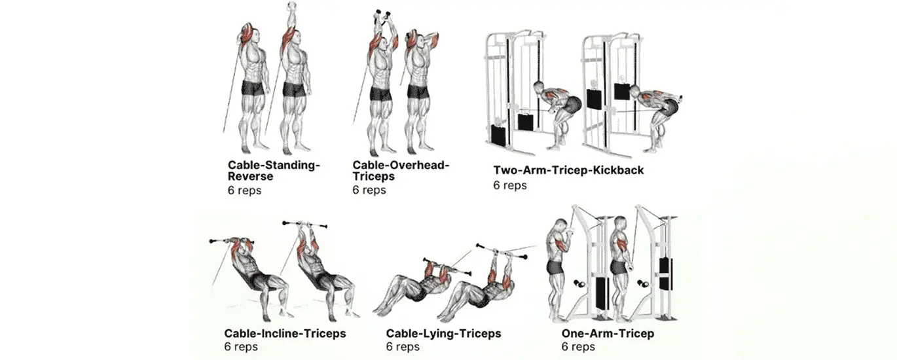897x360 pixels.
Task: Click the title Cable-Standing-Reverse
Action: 274,166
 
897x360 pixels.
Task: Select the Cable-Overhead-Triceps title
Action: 401,166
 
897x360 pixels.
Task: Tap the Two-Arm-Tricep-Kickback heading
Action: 568,171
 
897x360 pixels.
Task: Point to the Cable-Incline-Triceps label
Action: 285,334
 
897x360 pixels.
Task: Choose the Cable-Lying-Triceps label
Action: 443,334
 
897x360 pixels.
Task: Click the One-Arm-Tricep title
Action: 608,334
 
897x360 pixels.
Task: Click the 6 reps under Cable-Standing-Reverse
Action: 244,190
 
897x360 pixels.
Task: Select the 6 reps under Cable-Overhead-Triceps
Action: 369,190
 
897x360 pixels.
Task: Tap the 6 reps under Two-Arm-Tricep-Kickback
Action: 510,185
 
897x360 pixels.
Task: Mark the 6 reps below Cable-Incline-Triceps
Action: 241,347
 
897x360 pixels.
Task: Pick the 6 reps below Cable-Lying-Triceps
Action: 403,347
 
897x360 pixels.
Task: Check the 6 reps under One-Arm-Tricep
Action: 578,347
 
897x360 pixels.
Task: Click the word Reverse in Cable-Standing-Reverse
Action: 250,177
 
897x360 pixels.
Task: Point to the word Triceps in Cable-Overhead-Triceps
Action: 374,177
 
